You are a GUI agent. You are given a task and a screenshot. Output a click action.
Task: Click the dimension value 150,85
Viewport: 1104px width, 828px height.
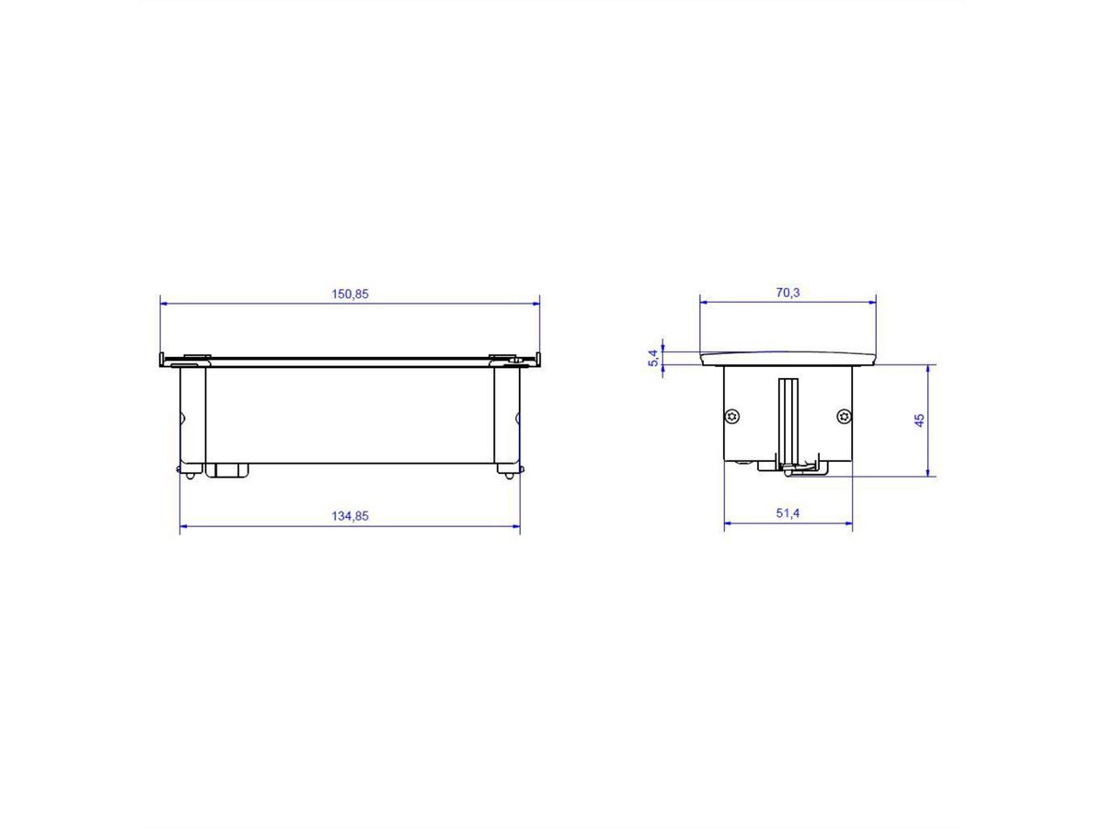pos(350,293)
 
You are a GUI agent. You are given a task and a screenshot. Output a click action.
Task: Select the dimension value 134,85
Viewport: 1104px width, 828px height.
pos(350,516)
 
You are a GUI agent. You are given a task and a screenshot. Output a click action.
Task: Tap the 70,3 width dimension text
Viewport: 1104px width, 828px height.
pos(788,293)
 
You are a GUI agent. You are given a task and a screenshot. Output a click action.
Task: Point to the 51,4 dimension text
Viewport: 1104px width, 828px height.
pos(788,513)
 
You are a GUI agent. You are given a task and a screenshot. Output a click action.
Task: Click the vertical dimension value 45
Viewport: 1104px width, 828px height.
pos(919,420)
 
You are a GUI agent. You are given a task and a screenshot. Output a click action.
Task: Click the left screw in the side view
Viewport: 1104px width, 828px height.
pos(731,417)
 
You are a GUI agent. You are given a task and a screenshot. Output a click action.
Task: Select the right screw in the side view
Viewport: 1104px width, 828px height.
pos(844,417)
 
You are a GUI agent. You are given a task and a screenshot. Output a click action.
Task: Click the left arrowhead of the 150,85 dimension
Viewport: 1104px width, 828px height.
pos(164,302)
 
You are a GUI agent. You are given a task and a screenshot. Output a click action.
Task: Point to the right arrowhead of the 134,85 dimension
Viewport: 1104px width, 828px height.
pos(516,526)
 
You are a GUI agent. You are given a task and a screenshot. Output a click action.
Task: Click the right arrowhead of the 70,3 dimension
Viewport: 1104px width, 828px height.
pos(871,301)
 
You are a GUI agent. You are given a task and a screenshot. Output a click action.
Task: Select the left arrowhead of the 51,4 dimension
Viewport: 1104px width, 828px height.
pos(729,524)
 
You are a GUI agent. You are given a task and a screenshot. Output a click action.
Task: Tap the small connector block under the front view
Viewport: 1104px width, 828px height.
pos(227,470)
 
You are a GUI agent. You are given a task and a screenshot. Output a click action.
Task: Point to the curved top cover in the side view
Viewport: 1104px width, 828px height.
pos(788,358)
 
